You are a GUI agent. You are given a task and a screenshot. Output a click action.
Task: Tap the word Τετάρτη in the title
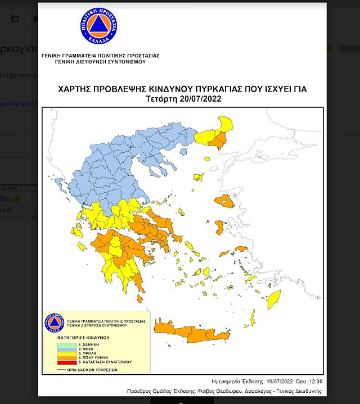click(x=161, y=99)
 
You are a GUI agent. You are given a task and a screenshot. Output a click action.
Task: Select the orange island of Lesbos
click(x=225, y=201)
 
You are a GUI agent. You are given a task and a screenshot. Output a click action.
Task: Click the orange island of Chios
click(x=219, y=227)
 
